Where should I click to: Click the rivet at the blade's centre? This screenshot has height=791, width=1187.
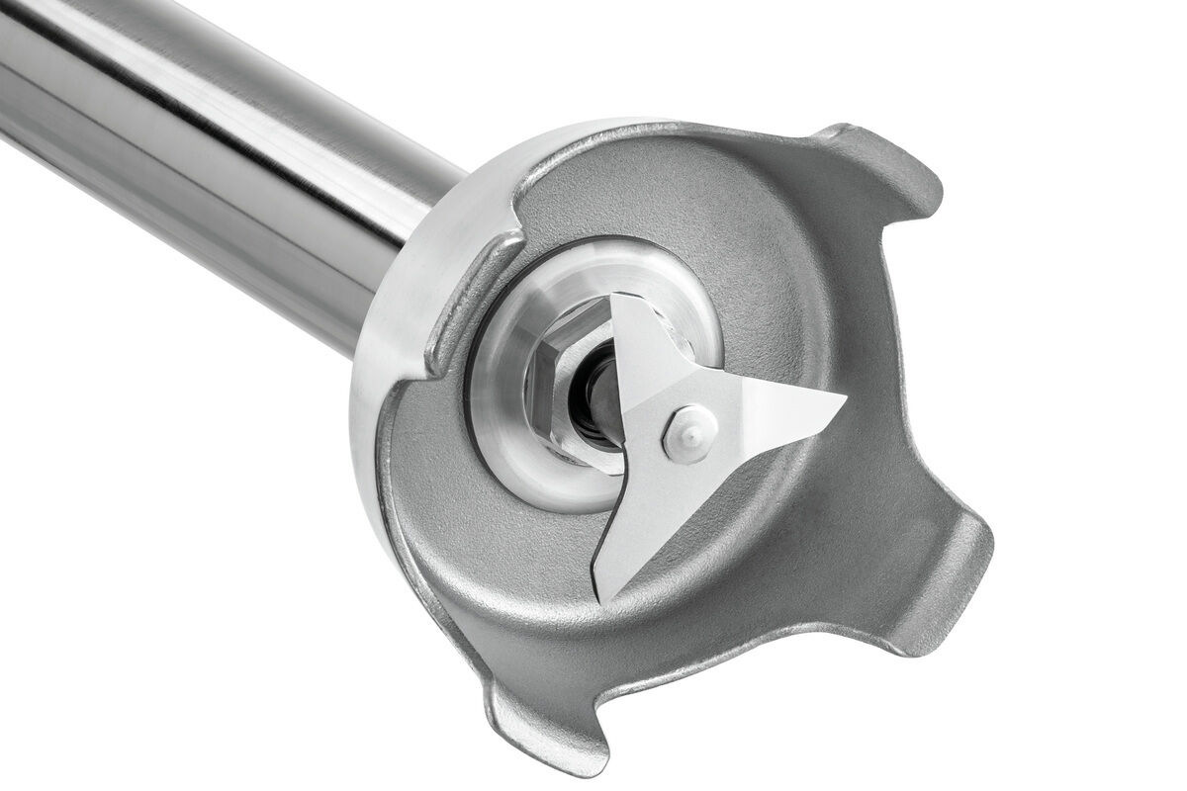click(689, 433)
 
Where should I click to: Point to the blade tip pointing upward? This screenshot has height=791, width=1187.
click(619, 301)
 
